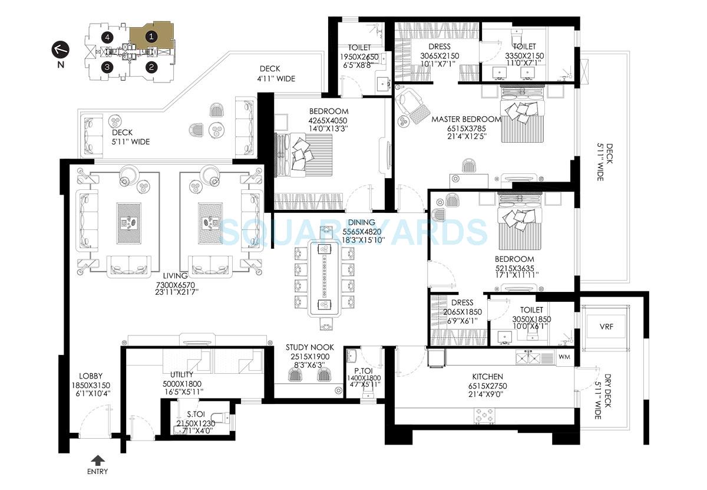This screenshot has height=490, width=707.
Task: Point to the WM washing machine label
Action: click(564, 357)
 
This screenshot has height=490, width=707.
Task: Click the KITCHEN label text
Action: click(487, 376)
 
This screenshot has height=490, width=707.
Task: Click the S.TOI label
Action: click(189, 415)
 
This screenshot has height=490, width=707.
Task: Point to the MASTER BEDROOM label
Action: click(466, 119)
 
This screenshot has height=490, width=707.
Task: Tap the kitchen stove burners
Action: click(485, 415)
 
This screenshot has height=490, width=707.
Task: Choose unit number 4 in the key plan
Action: click(107, 37)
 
